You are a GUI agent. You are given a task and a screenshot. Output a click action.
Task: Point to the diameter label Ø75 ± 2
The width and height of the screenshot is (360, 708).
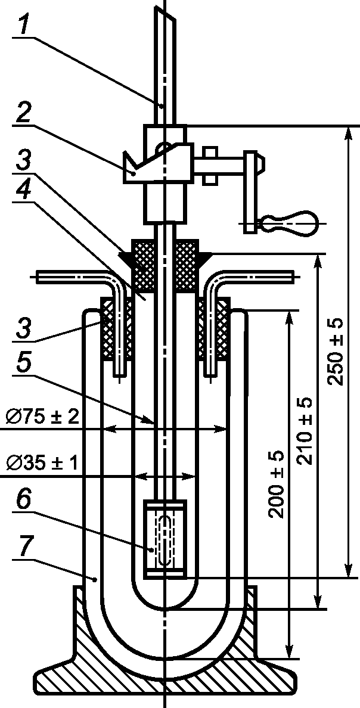40,417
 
